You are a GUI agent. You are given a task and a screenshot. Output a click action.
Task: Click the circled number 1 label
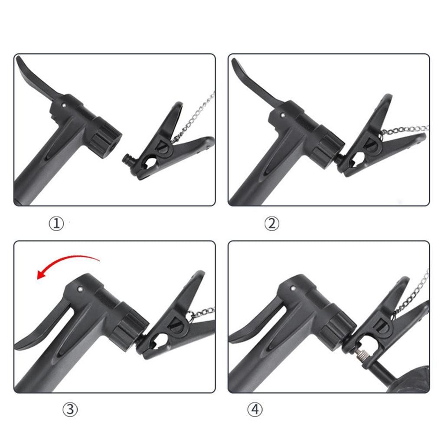56,224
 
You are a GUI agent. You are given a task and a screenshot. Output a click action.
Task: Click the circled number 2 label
272,224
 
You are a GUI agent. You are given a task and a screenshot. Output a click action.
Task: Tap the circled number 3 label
70,409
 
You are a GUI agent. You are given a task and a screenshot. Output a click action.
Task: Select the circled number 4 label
255,409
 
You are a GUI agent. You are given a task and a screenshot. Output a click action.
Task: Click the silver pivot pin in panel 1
64,105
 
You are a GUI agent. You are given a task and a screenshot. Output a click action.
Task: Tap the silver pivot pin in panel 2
282,115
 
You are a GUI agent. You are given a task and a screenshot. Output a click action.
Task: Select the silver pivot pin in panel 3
80,289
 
